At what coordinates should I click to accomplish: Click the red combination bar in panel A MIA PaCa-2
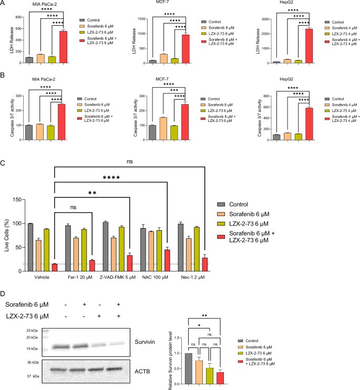(x=63, y=47)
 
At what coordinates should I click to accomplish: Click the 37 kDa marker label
(x=33, y=375)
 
